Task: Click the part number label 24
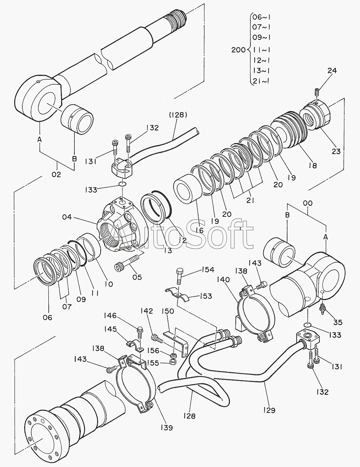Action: (x=332, y=71)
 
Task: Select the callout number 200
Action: (x=238, y=50)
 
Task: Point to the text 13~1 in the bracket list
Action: (x=261, y=70)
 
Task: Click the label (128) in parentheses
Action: (x=178, y=115)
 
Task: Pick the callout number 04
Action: (x=67, y=217)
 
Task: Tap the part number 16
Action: (x=200, y=230)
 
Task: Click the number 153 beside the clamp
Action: (x=206, y=296)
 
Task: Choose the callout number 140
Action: (x=223, y=280)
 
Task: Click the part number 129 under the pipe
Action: (x=269, y=410)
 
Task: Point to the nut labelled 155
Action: (x=173, y=362)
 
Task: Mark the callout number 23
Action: (x=336, y=152)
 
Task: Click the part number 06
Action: (x=47, y=318)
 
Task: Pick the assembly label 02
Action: (x=56, y=174)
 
